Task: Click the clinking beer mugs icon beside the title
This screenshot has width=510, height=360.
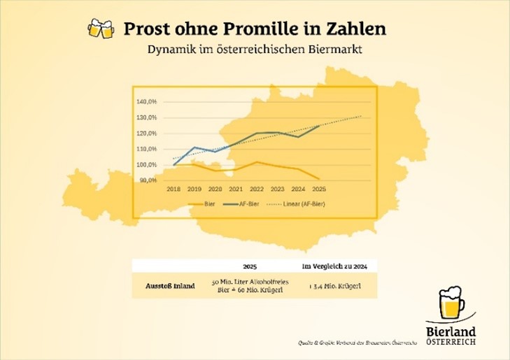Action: pos(99,29)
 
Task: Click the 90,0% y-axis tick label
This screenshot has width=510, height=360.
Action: pos(149,180)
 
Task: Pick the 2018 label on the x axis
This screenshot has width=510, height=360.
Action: pos(174,189)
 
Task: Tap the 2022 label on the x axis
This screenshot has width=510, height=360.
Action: pos(257,189)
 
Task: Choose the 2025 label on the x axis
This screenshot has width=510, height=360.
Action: pos(319,189)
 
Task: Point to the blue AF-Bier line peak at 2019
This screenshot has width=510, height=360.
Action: pos(195,147)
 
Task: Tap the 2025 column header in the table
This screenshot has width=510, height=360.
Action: pos(250,266)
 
